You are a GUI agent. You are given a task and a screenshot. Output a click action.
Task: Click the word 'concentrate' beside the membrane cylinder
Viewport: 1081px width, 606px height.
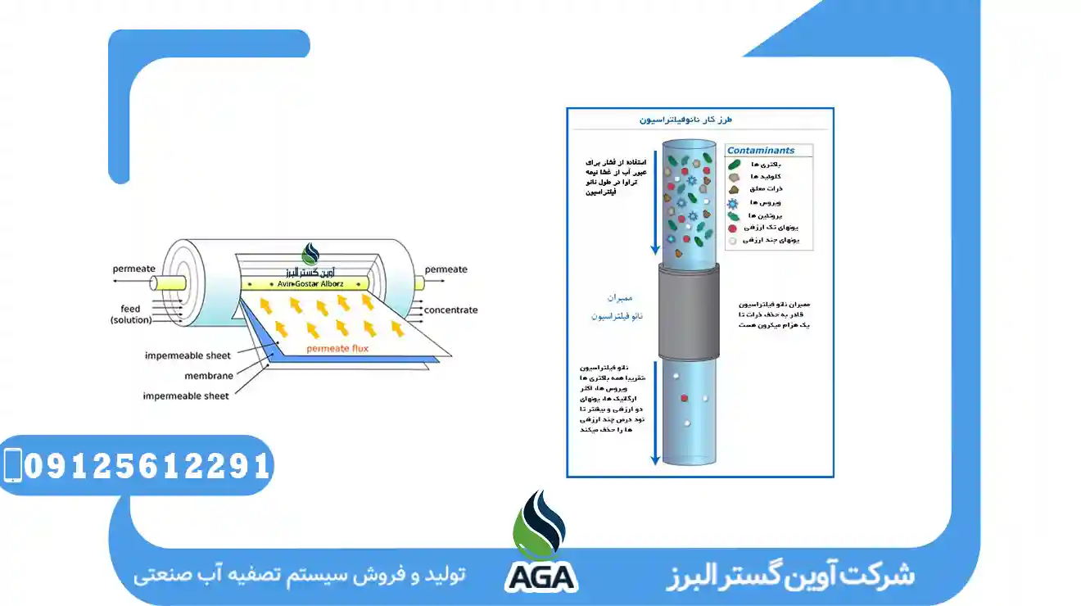[x=450, y=310]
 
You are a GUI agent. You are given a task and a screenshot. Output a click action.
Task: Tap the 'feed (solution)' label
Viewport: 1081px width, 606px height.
[x=131, y=314]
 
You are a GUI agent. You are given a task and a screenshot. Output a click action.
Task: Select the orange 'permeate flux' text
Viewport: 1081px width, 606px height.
[x=337, y=349]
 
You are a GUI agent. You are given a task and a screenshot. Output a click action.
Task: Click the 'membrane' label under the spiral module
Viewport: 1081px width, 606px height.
[x=208, y=376]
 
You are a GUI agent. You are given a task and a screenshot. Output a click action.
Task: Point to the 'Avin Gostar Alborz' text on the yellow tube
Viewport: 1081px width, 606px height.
[x=304, y=284]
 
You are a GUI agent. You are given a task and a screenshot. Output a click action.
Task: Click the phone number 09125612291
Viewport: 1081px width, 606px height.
[x=147, y=466]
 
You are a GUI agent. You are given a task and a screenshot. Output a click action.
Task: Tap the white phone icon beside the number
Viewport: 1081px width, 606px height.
[x=12, y=465]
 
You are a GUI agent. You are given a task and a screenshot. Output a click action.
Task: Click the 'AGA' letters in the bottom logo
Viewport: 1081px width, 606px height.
[x=540, y=577]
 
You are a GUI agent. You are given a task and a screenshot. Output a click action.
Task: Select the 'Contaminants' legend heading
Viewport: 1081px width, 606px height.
[x=761, y=151]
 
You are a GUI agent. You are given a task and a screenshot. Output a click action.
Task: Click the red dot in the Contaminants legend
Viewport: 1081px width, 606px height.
[x=732, y=228]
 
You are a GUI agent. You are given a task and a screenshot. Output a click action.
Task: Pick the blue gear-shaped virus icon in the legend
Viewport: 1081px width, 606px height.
[x=732, y=202]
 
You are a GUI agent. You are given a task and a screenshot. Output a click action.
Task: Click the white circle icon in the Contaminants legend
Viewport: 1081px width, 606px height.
[x=732, y=241]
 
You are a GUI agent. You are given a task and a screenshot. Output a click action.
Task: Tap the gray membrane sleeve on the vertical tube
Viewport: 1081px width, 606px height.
[x=689, y=312]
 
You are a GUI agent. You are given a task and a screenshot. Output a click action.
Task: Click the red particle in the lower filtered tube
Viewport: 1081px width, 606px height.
[x=684, y=398]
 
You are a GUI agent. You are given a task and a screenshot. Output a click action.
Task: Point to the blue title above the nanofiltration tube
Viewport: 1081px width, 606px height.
[x=685, y=120]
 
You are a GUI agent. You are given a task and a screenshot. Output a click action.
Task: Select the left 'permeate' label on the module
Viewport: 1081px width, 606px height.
[x=133, y=269]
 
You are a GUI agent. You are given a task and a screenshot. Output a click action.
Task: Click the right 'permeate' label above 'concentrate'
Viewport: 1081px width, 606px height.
[x=446, y=269]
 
